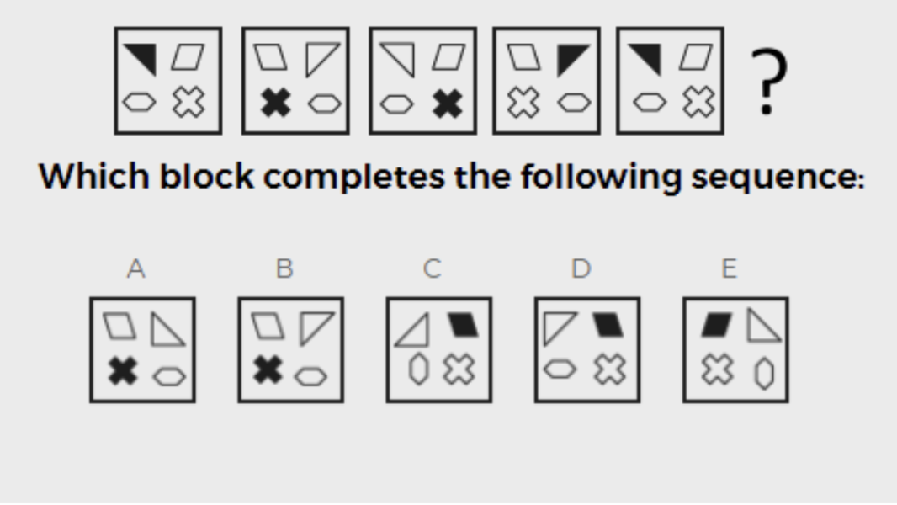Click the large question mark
[x=768, y=81]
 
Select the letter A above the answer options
[x=136, y=268]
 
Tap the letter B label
[x=284, y=268]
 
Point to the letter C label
[x=433, y=268]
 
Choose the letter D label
[x=581, y=268]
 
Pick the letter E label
[x=730, y=268]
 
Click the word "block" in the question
[x=206, y=176]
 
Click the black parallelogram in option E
[x=717, y=324]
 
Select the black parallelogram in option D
[x=609, y=324]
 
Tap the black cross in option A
[x=123, y=370]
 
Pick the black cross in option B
[x=268, y=369]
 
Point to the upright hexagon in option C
[x=419, y=369]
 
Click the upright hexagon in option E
[x=765, y=374]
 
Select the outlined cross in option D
[x=610, y=369]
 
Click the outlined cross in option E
[x=718, y=369]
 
